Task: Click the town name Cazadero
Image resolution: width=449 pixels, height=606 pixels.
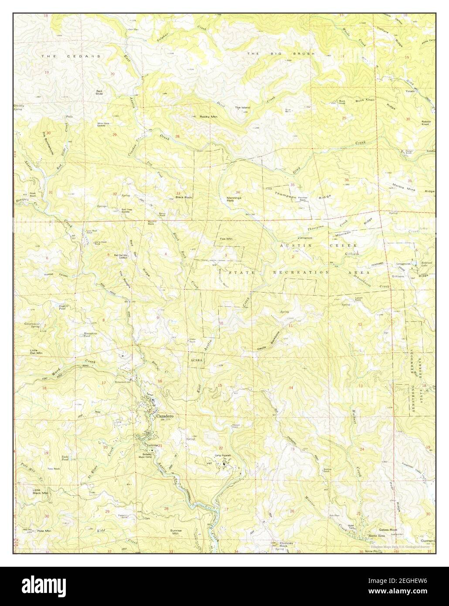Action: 165,416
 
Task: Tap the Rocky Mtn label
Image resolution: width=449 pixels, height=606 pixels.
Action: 208,117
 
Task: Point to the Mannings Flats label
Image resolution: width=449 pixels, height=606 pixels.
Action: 234,199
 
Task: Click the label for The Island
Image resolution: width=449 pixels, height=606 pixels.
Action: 242,107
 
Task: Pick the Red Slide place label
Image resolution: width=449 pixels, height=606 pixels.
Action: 100,92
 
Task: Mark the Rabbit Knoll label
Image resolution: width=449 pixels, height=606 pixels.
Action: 425,123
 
